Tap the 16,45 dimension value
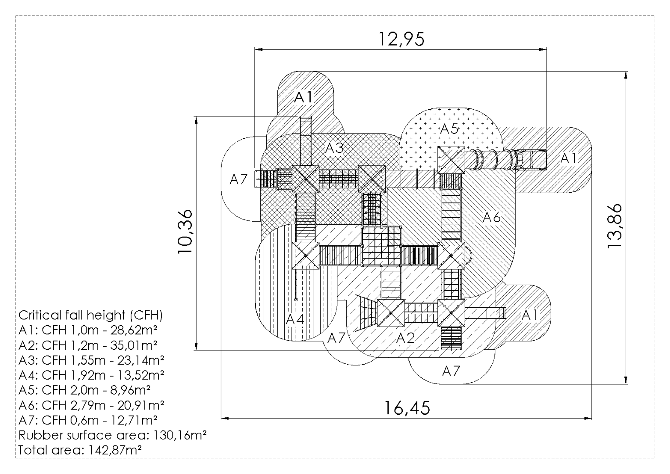pos(408,408)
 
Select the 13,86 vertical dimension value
pos(615,226)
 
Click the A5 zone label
pos(449,129)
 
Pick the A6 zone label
pos(491,217)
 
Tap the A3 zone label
pos(335,148)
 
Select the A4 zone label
pos(295,319)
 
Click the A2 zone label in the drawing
pos(405,338)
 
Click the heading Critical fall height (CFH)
pos(91,315)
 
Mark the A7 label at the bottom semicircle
pos(451,371)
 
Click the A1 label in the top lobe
pos(304,97)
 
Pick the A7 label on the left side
pos(239,179)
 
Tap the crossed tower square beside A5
pos(451,159)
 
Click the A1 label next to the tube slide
pos(569,158)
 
